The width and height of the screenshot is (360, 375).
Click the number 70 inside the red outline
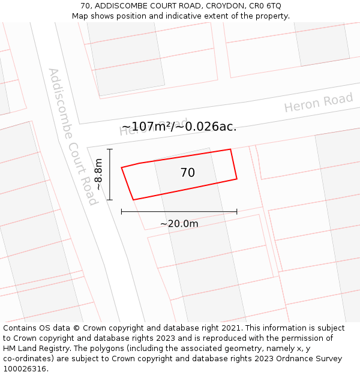188,173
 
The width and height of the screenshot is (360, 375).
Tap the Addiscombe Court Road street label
73,136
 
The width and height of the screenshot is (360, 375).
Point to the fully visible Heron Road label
319,103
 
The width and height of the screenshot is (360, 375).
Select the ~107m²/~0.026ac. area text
179,127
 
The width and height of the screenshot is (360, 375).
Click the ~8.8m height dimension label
99,174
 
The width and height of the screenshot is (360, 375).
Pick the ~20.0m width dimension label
179,224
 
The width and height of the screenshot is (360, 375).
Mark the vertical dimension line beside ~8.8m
110,174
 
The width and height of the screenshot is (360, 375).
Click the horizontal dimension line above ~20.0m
179,211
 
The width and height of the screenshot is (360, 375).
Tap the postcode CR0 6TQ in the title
264,6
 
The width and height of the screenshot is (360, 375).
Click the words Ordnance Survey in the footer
310,359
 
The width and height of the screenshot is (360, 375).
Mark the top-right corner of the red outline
230,149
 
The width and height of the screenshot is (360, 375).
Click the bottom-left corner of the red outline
133,200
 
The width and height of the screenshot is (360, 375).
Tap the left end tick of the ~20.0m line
122,211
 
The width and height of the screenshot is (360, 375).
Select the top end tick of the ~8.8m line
110,149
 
